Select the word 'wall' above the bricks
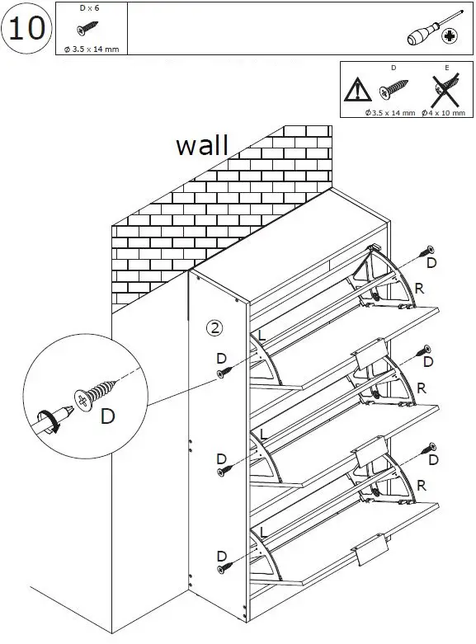click(201, 145)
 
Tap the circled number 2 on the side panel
click(214, 327)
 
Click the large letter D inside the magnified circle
click(107, 416)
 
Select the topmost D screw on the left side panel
click(223, 374)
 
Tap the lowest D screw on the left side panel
click(223, 568)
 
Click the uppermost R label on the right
click(420, 289)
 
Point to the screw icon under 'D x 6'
click(85, 30)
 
